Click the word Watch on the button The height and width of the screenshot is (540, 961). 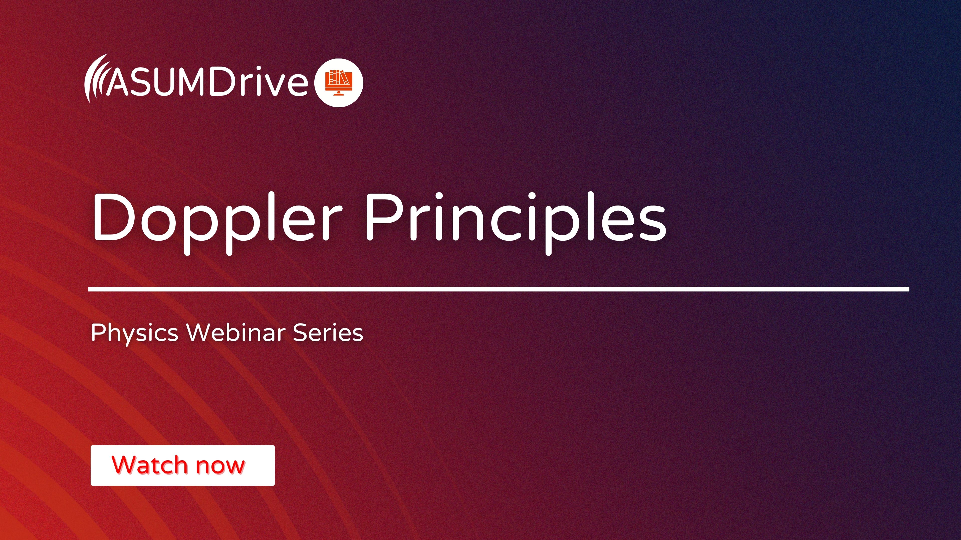tap(149, 465)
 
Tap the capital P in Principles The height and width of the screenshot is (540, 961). tap(384, 218)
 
